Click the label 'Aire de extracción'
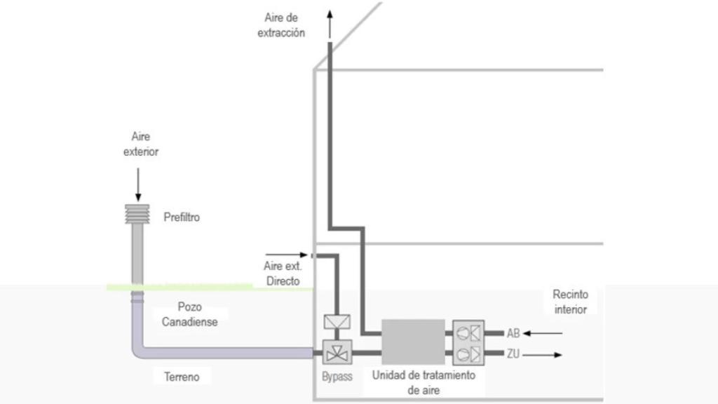click(x=281, y=25)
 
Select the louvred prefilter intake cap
click(x=137, y=215)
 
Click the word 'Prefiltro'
click(x=182, y=217)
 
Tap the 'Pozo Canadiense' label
click(x=189, y=315)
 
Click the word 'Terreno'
click(x=182, y=377)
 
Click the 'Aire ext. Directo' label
click(x=281, y=274)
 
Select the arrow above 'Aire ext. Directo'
click(x=286, y=255)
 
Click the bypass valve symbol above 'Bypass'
click(x=336, y=351)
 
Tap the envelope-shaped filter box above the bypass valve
click(x=336, y=323)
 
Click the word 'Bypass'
click(x=337, y=377)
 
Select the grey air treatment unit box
click(x=413, y=342)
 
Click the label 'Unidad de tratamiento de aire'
click(x=424, y=382)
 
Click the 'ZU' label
click(x=513, y=355)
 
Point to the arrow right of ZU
click(x=544, y=355)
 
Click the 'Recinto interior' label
click(x=569, y=302)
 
